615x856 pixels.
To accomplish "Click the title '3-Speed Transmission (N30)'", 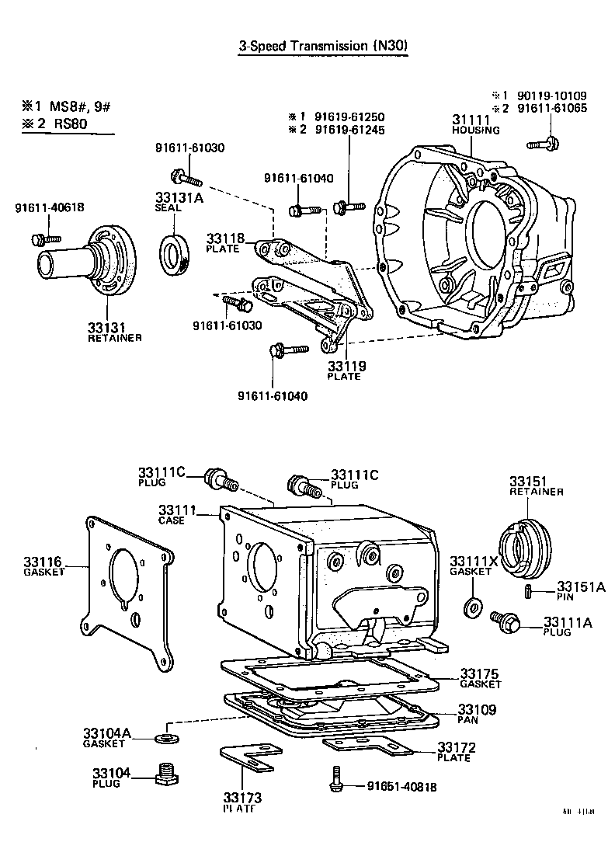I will (x=322, y=47).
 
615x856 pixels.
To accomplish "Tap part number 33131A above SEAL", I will (x=180, y=198).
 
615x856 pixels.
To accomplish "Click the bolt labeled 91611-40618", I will (x=40, y=238).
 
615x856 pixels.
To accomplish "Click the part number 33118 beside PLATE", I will (x=225, y=238).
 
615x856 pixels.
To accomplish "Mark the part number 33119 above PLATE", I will (x=346, y=366).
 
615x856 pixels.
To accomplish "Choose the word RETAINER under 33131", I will (x=115, y=338).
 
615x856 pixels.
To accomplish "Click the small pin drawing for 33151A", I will (x=528, y=593).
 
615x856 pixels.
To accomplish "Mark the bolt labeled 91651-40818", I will (x=335, y=779).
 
